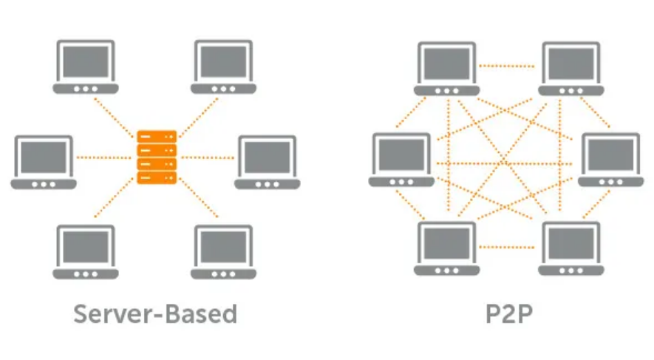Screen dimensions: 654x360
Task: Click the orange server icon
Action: click(157, 157)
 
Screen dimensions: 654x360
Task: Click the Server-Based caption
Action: click(156, 314)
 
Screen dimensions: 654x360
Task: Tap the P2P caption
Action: click(509, 314)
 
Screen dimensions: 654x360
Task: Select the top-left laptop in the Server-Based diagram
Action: click(86, 67)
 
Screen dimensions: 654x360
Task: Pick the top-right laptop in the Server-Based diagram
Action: click(224, 67)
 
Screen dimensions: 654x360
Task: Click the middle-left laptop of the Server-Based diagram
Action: click(44, 163)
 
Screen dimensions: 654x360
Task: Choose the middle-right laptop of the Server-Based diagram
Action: click(268, 163)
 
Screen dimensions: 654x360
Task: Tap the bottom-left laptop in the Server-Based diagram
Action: click(86, 252)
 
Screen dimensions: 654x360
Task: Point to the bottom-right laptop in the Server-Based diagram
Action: click(224, 252)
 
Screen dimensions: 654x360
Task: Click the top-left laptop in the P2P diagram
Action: click(446, 69)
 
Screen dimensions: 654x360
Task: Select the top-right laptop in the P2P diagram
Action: click(571, 69)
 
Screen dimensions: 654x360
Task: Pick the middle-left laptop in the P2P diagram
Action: click(401, 160)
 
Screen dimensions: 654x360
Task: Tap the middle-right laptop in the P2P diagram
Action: click(610, 160)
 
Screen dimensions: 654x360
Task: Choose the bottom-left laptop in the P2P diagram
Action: click(446, 248)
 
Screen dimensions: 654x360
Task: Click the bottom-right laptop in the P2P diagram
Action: click(571, 248)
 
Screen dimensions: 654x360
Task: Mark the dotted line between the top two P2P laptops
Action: click(507, 66)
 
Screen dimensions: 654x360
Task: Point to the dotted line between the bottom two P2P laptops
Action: click(507, 248)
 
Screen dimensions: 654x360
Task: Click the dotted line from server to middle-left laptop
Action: click(104, 157)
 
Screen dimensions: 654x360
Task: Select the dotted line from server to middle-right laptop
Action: click(208, 157)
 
